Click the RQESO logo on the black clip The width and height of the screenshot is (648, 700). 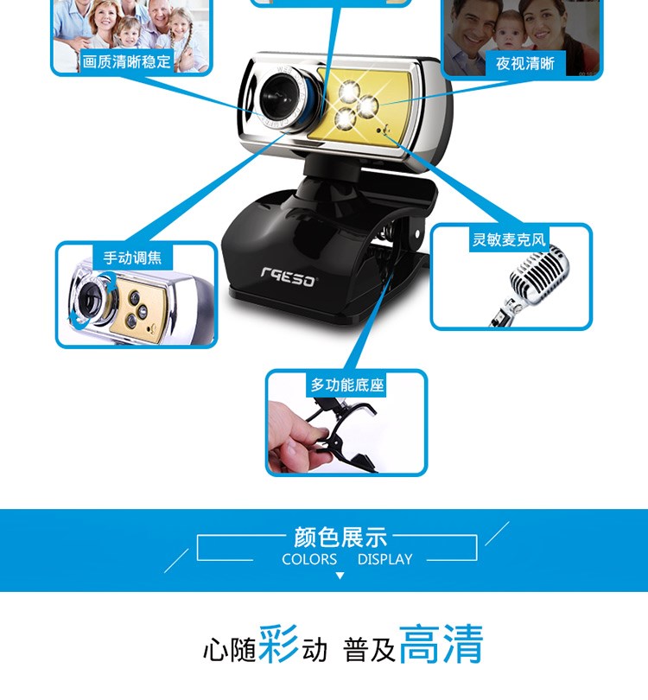coord(289,277)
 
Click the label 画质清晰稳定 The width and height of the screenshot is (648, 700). coord(126,61)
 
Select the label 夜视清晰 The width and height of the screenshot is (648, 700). coord(524,63)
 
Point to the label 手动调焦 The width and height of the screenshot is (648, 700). coord(132,258)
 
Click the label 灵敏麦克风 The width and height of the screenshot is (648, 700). coord(509,239)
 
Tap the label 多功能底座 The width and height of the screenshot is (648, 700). coord(347,385)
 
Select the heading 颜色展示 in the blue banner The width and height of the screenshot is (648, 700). coord(340,537)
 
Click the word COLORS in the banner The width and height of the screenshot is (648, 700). coord(309,559)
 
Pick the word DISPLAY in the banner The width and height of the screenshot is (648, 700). coord(384,559)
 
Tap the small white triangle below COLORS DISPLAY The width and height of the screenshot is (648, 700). coord(340,576)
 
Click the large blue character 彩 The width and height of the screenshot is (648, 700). coord(278,643)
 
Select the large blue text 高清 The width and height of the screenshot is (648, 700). coord(441,644)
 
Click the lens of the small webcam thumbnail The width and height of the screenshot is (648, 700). coord(90,298)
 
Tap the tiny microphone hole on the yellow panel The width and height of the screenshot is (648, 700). coord(379,130)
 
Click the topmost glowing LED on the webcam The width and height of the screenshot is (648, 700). coord(349,92)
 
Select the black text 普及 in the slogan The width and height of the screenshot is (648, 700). coord(370,650)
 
